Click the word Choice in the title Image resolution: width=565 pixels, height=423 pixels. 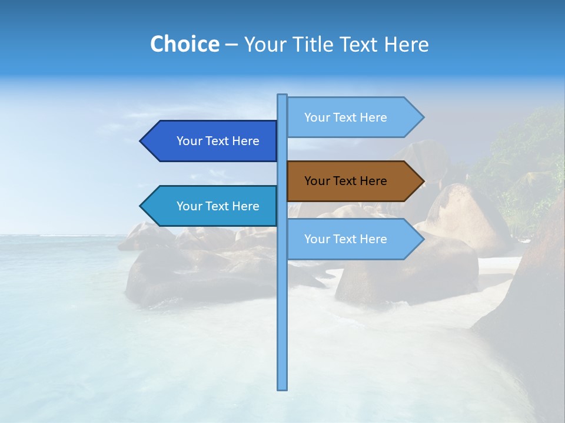point(184,45)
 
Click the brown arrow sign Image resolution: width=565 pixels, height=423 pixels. point(347,181)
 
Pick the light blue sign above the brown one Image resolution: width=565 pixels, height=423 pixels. point(347,117)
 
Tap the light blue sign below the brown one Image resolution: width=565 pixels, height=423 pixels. point(347,239)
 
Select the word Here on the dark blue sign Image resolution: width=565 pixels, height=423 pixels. point(246,141)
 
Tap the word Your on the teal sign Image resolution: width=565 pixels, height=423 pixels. point(189,206)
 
